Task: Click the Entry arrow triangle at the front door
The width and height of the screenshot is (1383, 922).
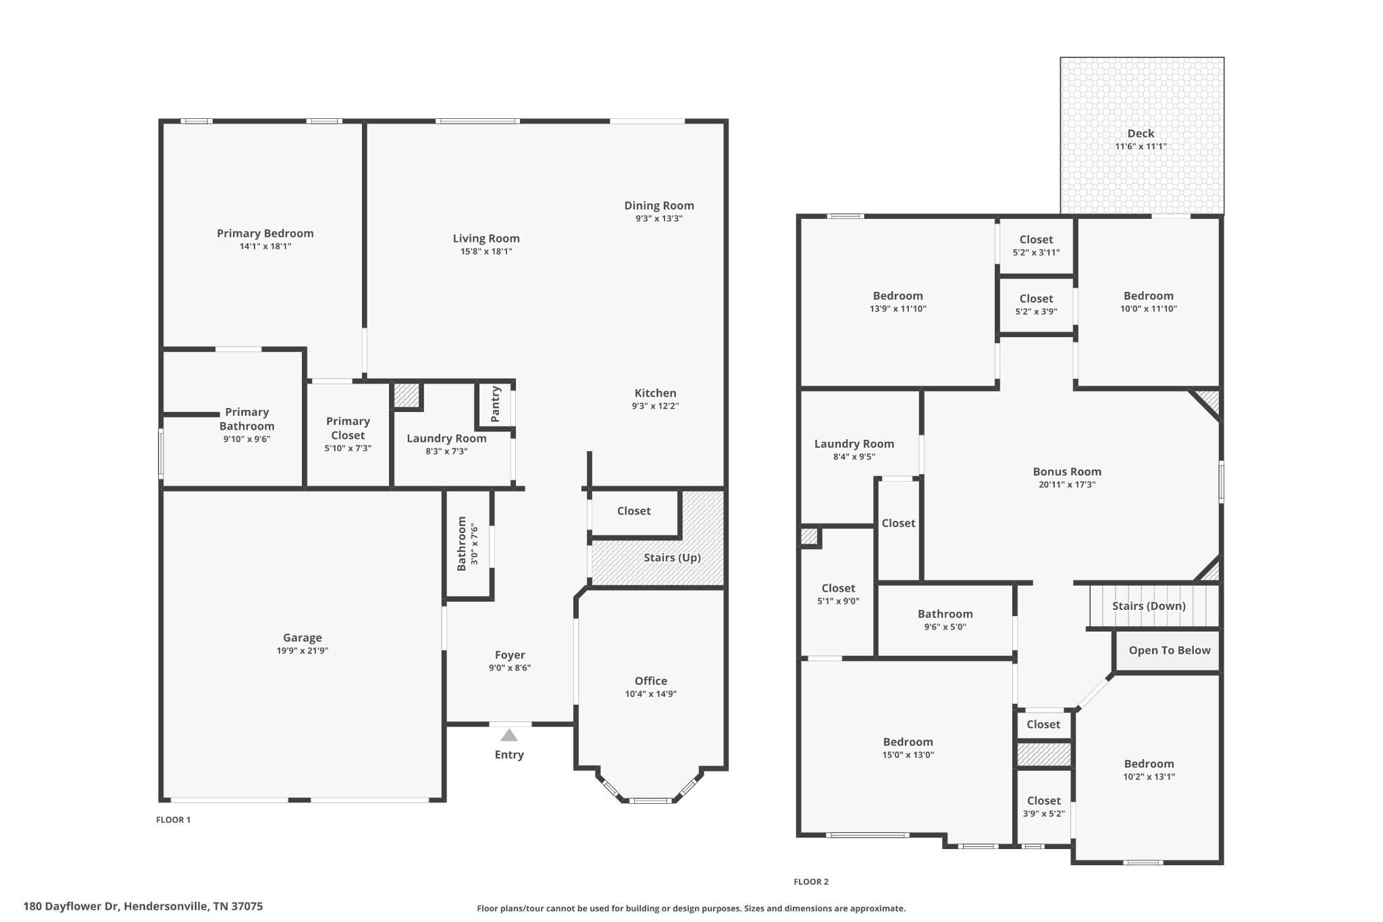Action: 509,735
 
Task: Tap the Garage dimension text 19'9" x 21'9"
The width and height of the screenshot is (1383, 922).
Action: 302,650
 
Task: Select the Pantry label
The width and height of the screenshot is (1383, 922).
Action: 496,404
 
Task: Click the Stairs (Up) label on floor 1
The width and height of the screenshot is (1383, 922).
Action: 672,557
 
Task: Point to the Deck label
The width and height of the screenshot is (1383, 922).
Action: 1141,134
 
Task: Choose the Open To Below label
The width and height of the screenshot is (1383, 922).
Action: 1170,650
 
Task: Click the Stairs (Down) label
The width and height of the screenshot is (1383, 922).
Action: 1149,606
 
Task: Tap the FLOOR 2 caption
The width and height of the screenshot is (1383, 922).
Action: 811,881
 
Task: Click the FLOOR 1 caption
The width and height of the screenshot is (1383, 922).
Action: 174,819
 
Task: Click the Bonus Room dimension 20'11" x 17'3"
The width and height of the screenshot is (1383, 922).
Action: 1067,484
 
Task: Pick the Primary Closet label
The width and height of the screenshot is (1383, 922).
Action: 348,428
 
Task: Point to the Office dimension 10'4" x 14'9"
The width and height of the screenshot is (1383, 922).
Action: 650,694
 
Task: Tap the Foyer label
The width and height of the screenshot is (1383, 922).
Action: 510,655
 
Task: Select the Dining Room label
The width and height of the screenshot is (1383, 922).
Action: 658,205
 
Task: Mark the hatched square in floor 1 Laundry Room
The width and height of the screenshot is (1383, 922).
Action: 407,396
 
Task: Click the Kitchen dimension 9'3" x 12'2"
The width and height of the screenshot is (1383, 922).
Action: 655,406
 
